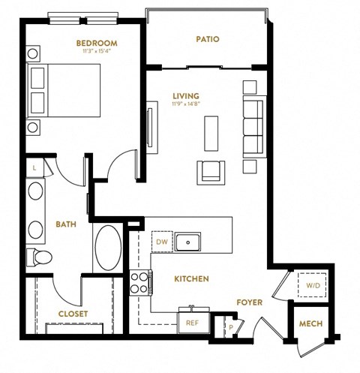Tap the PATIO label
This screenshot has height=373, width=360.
click(207, 39)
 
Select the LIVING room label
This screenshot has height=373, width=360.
click(185, 96)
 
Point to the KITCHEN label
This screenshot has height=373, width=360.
click(191, 278)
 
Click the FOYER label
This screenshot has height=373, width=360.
click(249, 302)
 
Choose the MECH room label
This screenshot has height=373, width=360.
click(310, 324)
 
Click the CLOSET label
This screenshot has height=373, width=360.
click(73, 314)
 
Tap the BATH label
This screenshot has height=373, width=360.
click(66, 224)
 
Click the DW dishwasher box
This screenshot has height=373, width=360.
click(162, 242)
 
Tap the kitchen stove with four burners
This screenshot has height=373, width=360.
click(140, 284)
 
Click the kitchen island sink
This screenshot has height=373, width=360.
click(187, 242)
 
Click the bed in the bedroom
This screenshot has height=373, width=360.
click(64, 90)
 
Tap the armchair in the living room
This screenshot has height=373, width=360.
click(209, 172)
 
